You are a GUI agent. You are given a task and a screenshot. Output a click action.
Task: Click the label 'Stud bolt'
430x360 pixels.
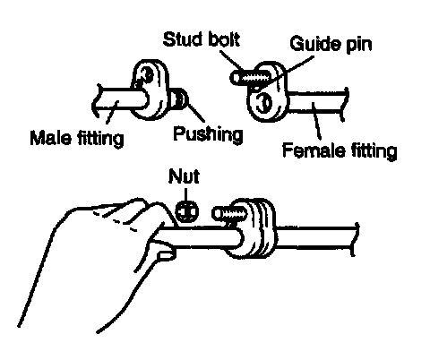pyautogui.click(x=202, y=39)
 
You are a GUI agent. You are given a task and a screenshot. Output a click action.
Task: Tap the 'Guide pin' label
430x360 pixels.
pyautogui.click(x=331, y=44)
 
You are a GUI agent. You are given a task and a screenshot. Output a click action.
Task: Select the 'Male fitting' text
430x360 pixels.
pyautogui.click(x=77, y=138)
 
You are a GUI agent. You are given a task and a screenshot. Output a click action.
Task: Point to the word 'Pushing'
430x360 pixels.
pyautogui.click(x=208, y=134)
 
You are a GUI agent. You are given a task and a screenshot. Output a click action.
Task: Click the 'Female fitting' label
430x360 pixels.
pyautogui.click(x=340, y=150)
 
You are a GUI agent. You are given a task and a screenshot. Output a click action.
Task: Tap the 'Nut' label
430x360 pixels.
pyautogui.click(x=184, y=176)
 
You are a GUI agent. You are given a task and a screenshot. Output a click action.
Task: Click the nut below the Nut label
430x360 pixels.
pyautogui.click(x=186, y=211)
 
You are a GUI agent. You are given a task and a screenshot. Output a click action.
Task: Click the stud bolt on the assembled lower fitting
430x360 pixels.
pyautogui.click(x=230, y=214)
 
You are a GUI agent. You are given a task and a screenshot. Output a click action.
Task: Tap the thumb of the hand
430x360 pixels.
pyautogui.click(x=163, y=253)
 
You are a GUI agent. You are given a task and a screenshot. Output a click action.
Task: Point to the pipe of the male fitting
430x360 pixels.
pyautogui.click(x=119, y=101)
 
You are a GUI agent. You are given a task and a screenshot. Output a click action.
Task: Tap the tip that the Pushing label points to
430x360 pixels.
pyautogui.click(x=180, y=99)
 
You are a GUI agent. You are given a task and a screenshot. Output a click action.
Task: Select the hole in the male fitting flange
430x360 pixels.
pyautogui.click(x=147, y=74)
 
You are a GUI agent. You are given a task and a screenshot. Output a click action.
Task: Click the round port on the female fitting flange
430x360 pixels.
pyautogui.click(x=264, y=103)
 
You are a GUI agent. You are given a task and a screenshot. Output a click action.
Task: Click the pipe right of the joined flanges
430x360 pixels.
pyautogui.click(x=316, y=237)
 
